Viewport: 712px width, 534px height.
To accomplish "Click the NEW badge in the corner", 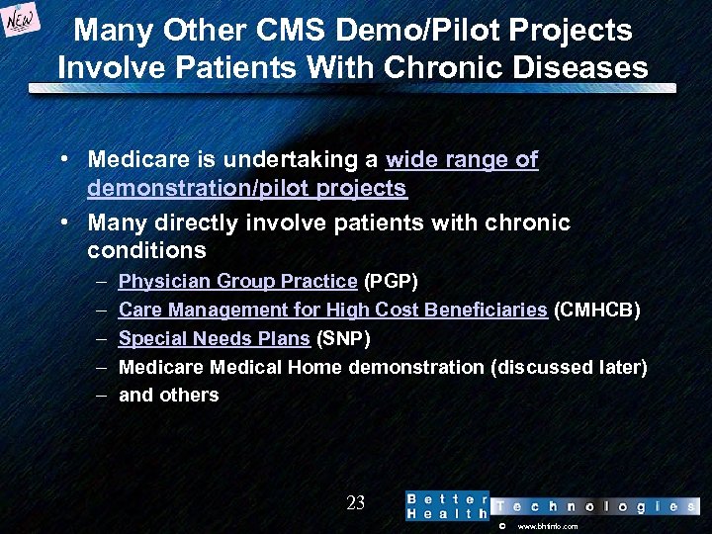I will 23,21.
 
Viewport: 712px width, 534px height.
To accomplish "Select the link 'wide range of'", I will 462,159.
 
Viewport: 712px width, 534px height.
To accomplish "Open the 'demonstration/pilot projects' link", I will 247,188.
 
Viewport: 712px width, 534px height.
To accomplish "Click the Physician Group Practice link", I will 237,281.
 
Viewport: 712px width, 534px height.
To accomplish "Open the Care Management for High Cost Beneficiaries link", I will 333,310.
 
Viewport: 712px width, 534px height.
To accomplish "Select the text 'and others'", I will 168,396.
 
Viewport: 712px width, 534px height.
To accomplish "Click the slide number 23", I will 356,503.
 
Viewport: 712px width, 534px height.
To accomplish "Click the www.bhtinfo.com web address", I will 548,526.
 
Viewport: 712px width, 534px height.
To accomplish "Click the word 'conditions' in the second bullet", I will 146,250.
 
